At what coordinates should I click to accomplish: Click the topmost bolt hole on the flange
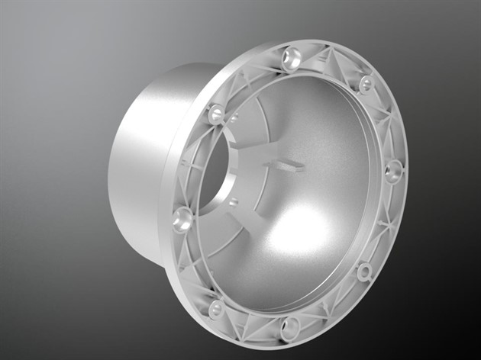pos(292,58)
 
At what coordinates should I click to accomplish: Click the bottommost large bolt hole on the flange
pos(290,329)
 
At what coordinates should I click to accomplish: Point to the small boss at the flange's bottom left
pos(217,309)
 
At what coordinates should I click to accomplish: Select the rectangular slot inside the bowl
pos(283,164)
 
